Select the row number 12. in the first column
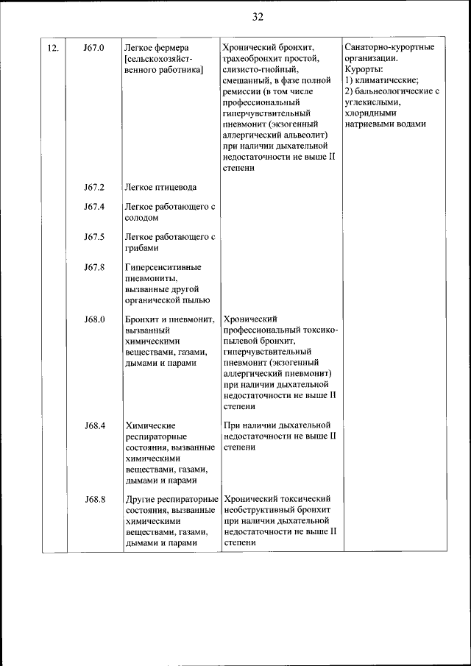(53, 48)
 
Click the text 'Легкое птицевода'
(160, 187)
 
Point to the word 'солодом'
(143, 218)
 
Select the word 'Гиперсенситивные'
(163, 267)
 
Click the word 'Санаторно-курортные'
(389, 48)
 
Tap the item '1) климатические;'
(381, 80)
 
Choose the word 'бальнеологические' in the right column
(391, 91)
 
